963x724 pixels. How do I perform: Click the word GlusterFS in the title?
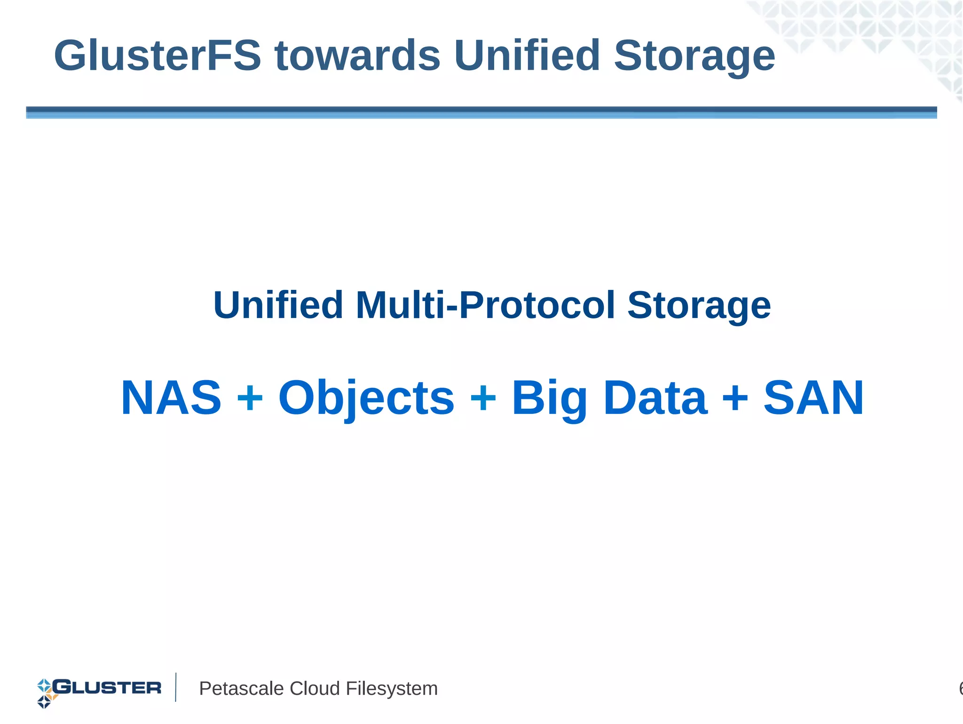158,56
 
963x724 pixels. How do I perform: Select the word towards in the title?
357,56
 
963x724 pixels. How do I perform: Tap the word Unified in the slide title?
527,56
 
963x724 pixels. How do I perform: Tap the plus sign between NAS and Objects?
250,399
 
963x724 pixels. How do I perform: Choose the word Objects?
366,399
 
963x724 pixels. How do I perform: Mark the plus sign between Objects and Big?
483,399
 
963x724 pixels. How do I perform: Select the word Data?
655,398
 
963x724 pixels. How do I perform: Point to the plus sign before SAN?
735,399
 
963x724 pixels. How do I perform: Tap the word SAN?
813,398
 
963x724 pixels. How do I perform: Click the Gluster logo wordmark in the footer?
107,688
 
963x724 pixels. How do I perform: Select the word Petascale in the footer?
242,689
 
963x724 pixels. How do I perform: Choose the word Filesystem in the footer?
392,689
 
